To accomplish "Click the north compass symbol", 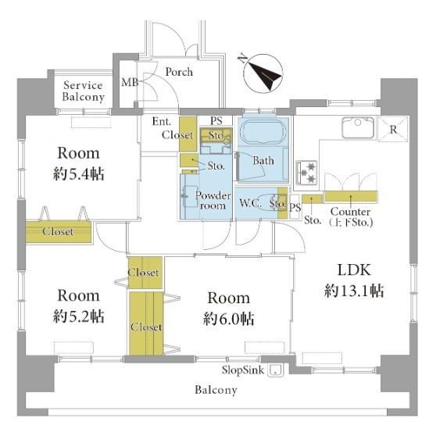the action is click(263, 73).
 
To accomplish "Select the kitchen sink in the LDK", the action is click(358, 127).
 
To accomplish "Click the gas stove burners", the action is click(307, 173).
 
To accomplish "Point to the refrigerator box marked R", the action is click(393, 129).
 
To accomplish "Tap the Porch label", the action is click(179, 72).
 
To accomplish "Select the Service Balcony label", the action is click(83, 91).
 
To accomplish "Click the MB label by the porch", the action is click(130, 82).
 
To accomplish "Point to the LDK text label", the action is click(354, 270).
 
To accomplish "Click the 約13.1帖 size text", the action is click(354, 291).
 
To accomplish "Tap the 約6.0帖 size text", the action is click(228, 319).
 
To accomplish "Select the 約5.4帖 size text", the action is click(79, 173).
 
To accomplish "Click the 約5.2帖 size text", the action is click(79, 316).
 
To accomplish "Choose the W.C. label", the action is click(250, 202).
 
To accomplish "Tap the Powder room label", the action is click(213, 200).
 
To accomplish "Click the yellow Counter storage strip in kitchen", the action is click(351, 196).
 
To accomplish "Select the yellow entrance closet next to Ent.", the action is click(188, 134).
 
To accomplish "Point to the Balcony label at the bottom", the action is click(216, 390).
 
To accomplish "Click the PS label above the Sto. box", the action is click(216, 121).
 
